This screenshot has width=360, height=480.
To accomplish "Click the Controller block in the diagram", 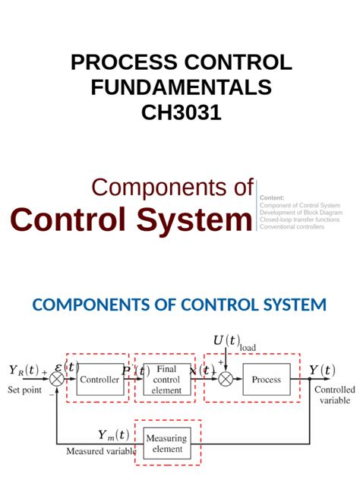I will (99, 379).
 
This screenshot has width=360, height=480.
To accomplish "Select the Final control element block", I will (166, 379).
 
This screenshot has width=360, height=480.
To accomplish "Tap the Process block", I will (266, 379).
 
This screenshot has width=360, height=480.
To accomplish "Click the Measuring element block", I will (166, 444).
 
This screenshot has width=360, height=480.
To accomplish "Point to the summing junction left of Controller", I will (58, 379).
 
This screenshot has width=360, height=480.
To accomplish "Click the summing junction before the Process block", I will (225, 379).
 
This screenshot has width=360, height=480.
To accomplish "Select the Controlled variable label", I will (334, 394).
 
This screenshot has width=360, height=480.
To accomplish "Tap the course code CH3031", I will (180, 112).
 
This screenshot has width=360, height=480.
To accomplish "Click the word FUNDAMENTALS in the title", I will (181, 87).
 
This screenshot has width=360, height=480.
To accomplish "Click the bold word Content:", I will (272, 197).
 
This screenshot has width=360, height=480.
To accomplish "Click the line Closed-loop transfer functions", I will (299, 219).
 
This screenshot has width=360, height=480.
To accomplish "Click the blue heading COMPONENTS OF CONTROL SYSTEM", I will (179, 305).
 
